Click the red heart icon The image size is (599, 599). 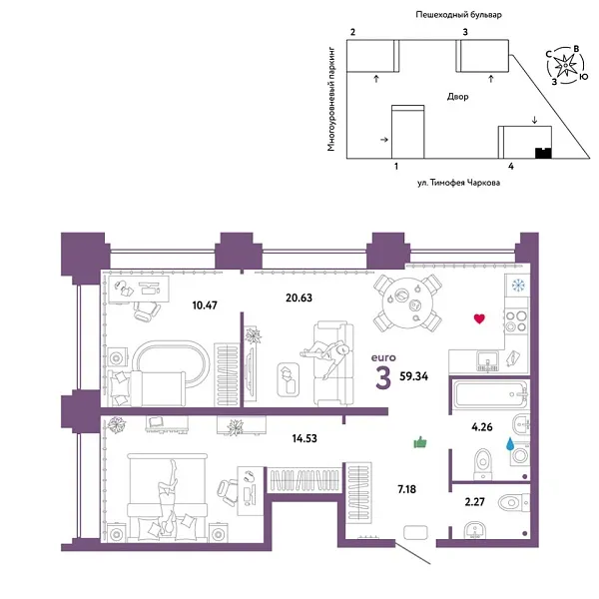point(479,319)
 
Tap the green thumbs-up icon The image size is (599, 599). point(419,441)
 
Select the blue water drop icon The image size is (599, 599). point(510,445)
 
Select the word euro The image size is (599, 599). point(382,356)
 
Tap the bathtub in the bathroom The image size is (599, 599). point(489,396)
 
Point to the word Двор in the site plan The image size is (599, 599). point(458,97)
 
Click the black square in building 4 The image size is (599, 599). point(543,154)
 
